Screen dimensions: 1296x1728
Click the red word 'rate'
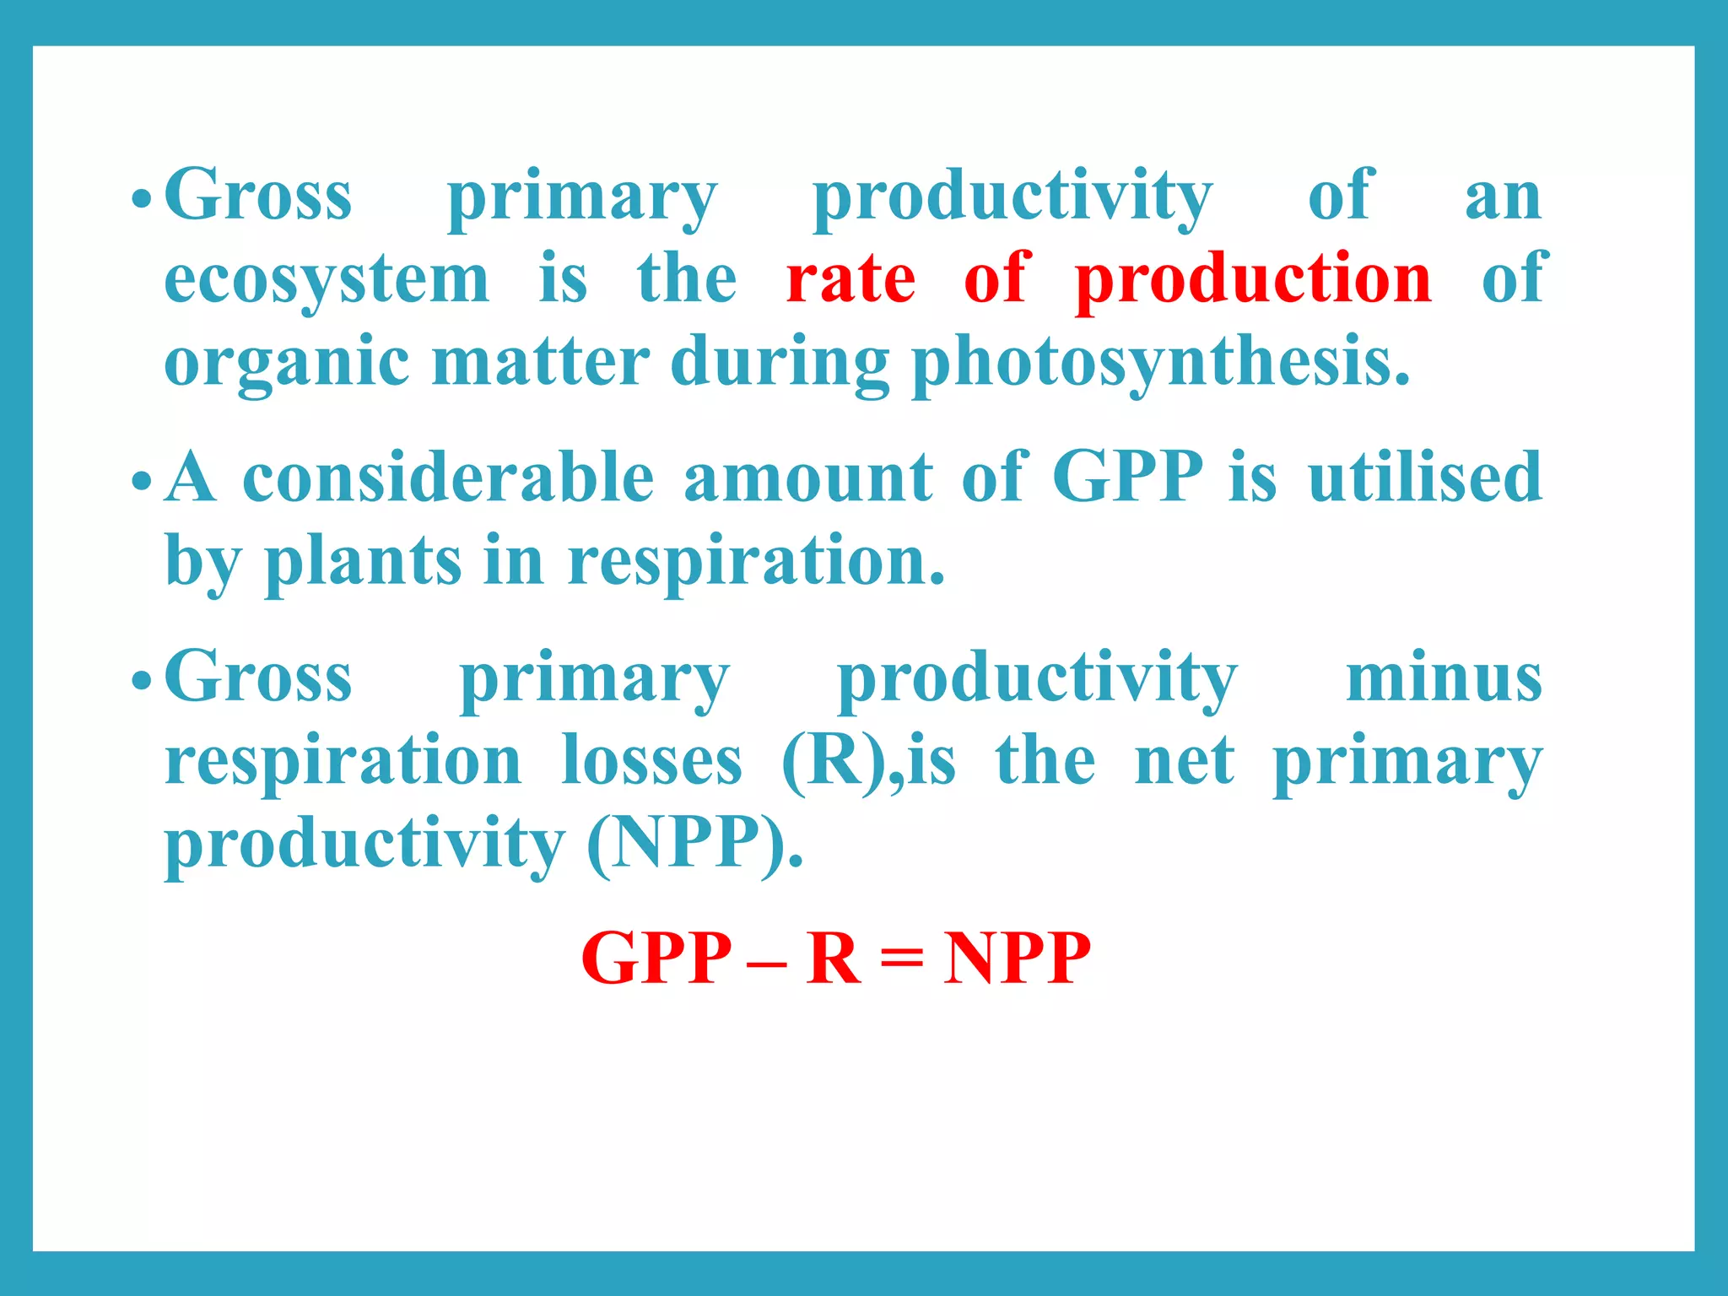coord(850,280)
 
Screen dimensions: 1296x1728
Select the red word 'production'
coord(1253,280)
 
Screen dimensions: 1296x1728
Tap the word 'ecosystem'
coord(327,282)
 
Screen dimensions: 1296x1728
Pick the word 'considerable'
coord(448,478)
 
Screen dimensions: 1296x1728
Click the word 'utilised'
coord(1425,478)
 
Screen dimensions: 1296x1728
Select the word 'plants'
coord(363,562)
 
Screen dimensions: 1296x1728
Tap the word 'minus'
coord(1444,678)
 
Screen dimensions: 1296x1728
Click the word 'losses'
coord(651,761)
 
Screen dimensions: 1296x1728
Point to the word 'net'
coord(1185,761)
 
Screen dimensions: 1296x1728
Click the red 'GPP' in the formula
coord(656,958)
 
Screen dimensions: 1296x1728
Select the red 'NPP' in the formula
coord(1017,958)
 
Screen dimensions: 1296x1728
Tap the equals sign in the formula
coord(902,960)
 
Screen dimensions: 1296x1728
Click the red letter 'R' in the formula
coord(833,958)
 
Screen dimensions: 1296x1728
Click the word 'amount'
coord(807,478)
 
